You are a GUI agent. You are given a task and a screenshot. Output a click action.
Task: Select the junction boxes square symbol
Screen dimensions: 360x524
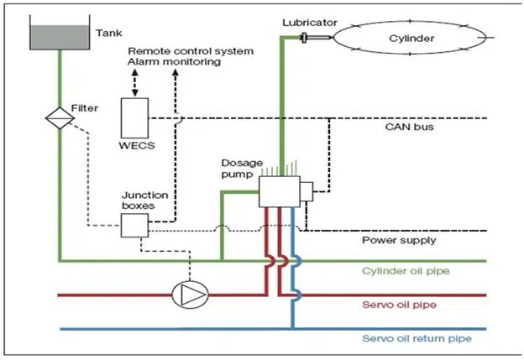[x=134, y=224]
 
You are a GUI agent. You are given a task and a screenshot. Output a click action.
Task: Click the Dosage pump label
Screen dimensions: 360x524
[x=238, y=167]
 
